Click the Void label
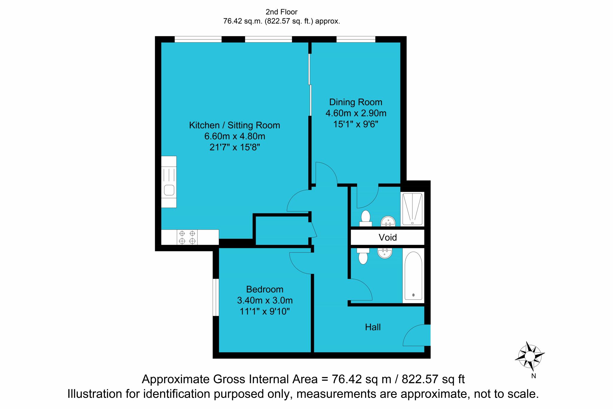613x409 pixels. pos(388,237)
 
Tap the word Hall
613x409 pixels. pos(373,327)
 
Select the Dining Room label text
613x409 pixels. pos(356,102)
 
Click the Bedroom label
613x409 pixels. pos(265,289)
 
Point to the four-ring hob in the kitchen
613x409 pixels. pos(187,237)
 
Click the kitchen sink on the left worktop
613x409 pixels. pos(169,190)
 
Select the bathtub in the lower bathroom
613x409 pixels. pos(413,276)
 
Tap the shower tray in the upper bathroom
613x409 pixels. pos(412,209)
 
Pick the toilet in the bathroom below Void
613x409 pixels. pos(363,256)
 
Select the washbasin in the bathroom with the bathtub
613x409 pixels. pos(385,253)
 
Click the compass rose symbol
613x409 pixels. pos(529,357)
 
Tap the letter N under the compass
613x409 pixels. pos(533,376)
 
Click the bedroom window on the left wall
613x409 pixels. pos(216,297)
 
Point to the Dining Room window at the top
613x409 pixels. pos(356,39)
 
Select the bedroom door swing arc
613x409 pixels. pos(301,263)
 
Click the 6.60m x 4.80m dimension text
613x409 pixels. pos(235,136)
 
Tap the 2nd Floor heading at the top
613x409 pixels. pos(281,12)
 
